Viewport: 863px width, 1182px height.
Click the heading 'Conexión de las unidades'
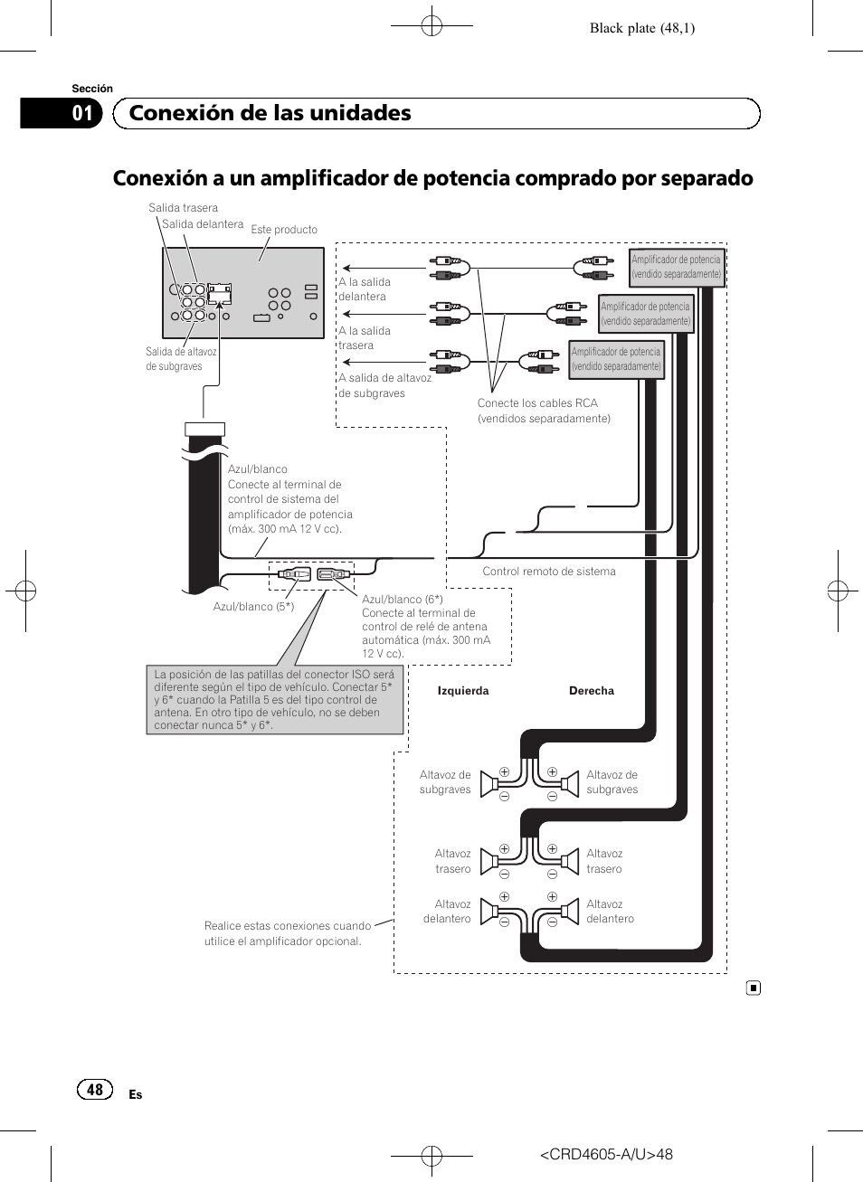[270, 113]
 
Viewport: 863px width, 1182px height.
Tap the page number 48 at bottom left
[95, 1090]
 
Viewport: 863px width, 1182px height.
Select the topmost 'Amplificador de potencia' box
[677, 267]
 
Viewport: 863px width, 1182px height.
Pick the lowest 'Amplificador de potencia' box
[616, 359]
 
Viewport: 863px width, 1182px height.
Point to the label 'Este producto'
[284, 230]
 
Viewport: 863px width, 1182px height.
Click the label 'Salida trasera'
[183, 208]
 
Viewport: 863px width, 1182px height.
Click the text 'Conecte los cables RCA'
[537, 403]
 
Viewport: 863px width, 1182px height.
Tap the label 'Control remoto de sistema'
[548, 572]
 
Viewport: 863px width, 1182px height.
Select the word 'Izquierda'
[463, 691]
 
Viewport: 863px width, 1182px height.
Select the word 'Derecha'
[592, 691]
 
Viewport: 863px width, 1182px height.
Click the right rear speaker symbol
[570, 861]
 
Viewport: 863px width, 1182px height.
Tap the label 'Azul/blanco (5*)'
[253, 607]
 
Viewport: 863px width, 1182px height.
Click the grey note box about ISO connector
[275, 700]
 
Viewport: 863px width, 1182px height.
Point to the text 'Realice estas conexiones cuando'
[287, 926]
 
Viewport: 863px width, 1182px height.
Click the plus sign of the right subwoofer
[552, 772]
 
